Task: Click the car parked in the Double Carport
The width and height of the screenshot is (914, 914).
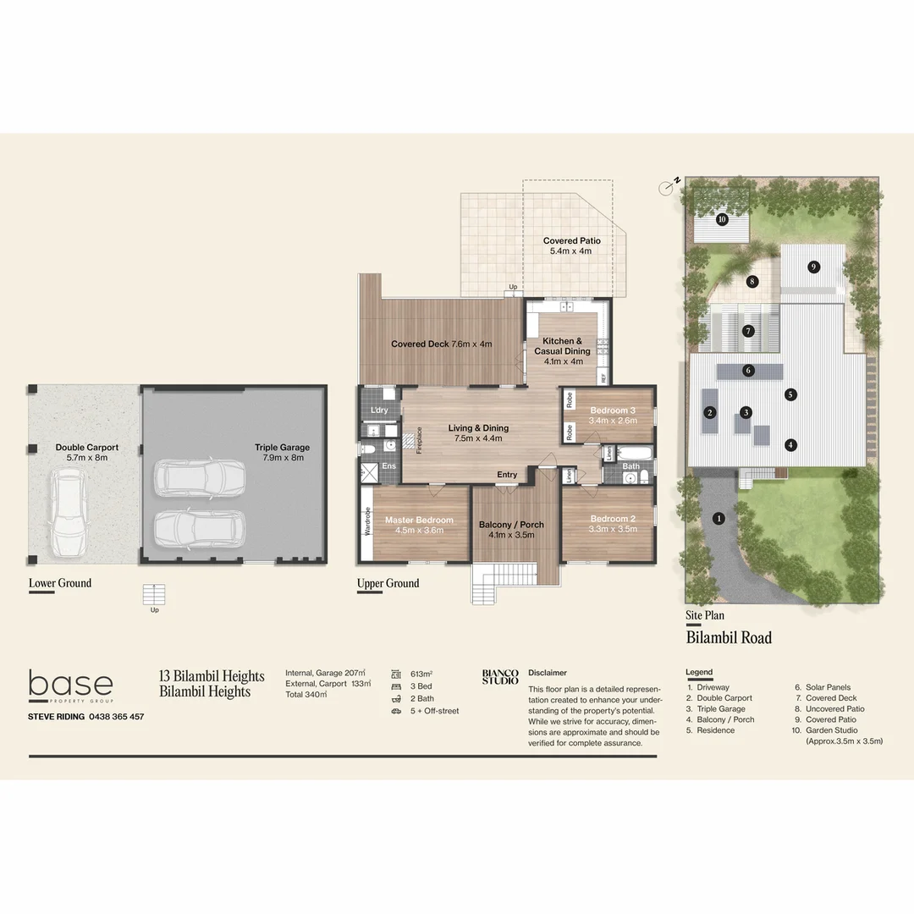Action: (x=68, y=514)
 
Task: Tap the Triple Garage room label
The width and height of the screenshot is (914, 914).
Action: (x=283, y=453)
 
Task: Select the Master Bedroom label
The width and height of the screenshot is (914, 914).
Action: (x=419, y=526)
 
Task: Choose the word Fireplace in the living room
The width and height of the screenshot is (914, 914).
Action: (x=419, y=440)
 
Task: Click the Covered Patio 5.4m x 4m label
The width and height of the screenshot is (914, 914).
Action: (x=572, y=246)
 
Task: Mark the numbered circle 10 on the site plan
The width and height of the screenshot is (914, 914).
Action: (x=722, y=220)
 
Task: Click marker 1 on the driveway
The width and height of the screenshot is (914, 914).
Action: (x=719, y=518)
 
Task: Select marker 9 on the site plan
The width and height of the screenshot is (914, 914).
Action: (x=813, y=267)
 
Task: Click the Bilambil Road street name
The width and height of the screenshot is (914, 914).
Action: (x=729, y=637)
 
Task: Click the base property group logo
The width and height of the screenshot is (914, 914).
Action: (x=70, y=685)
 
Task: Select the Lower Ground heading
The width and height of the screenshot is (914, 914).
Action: (x=60, y=583)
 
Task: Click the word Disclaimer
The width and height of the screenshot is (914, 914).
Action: (x=548, y=673)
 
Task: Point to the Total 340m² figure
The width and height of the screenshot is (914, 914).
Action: (x=306, y=694)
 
